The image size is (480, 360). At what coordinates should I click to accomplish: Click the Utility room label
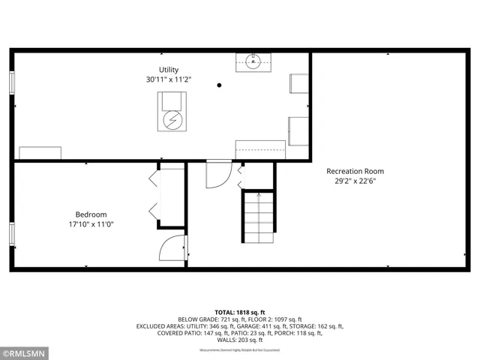click(169, 70)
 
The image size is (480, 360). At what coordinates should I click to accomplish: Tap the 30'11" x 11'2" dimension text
click(169, 79)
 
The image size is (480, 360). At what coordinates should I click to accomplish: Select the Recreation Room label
click(355, 171)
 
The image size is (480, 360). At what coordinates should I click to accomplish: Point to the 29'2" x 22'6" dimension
click(355, 180)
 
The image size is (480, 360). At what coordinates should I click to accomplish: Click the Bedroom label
click(91, 214)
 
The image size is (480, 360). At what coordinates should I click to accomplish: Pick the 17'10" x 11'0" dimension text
click(91, 223)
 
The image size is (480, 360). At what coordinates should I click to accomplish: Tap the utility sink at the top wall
click(253, 61)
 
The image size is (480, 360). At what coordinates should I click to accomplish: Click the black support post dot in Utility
click(219, 85)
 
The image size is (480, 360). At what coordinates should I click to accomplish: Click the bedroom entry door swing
click(173, 247)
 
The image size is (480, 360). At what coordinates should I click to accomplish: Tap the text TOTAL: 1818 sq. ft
click(240, 312)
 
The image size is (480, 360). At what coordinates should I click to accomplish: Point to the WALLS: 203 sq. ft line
click(240, 341)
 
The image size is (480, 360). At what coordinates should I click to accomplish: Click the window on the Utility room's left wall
click(12, 82)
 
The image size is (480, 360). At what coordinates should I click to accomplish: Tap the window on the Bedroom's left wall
click(12, 234)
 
